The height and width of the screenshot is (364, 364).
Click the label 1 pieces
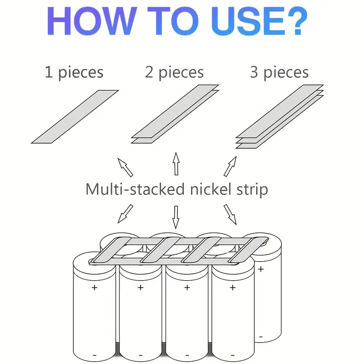pos(74,72)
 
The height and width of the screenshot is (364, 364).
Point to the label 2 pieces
pos(175,72)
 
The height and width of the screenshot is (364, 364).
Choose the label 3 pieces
pos(279,72)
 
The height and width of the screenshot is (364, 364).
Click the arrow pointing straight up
pos(175,164)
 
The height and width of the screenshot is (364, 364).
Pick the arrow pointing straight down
pos(175,217)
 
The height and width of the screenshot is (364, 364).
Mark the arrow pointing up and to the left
pos(125,167)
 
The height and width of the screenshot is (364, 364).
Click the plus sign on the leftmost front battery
pos(94,288)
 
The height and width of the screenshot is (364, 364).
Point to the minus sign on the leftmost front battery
pos(94,354)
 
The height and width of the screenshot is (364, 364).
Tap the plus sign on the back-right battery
pos(261,269)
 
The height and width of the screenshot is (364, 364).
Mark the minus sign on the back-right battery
pos(261,337)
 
